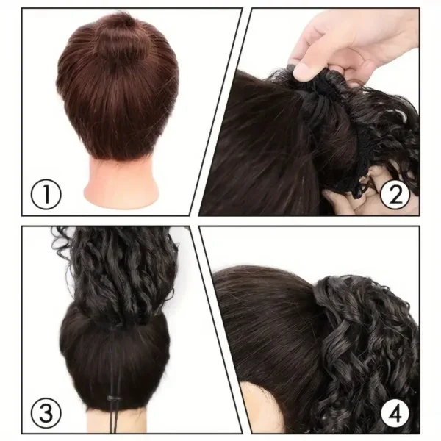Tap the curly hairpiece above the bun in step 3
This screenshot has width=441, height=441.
(x=118, y=272)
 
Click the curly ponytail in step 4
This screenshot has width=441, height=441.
(x=367, y=345)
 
